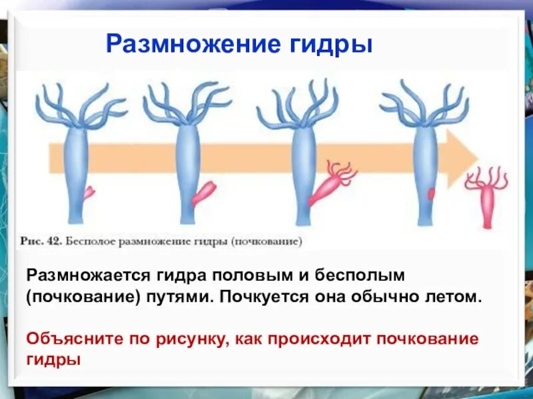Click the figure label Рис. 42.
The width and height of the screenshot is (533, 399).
(x=41, y=241)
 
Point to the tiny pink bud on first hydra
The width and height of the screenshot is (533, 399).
(x=88, y=193)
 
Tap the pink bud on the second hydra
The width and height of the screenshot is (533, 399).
(x=203, y=194)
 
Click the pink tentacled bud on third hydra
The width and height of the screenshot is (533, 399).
(x=331, y=183)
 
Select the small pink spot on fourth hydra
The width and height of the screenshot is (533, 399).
(x=431, y=194)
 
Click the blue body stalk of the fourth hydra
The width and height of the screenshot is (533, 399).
(x=423, y=166)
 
